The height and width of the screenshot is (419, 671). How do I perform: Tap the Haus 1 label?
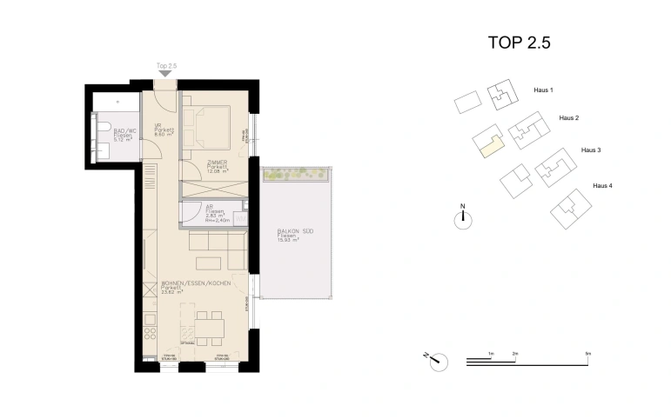[x=543, y=90]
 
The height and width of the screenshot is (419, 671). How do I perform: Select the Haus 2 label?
[x=569, y=117]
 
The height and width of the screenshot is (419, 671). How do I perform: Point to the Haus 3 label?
[x=592, y=150]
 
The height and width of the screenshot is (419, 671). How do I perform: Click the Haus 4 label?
[x=602, y=185]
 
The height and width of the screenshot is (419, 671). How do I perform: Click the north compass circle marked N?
[x=464, y=219]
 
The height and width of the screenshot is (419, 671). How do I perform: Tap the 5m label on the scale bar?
[x=588, y=354]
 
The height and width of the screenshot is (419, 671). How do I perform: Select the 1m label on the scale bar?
[x=491, y=354]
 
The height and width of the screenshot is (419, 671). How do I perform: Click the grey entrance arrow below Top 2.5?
[x=166, y=75]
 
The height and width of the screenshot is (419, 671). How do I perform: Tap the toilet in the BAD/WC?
[x=104, y=130]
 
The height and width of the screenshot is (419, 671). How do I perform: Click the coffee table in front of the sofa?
[x=209, y=263]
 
